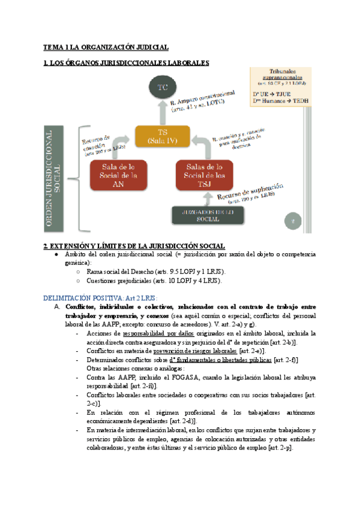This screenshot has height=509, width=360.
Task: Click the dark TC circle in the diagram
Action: [162, 88]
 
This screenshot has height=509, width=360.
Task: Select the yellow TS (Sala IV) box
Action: [163, 137]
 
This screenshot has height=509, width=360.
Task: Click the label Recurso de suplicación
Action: [246, 190]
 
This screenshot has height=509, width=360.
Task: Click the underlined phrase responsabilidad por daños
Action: [158, 333]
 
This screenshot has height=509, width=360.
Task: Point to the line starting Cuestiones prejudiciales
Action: [154, 280]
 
